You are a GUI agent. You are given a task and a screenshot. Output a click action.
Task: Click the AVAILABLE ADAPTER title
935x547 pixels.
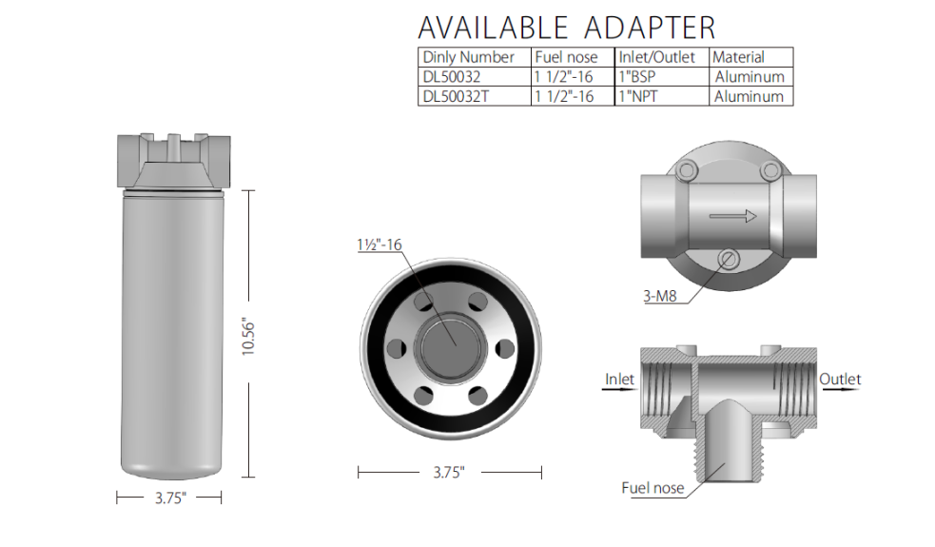click(x=567, y=28)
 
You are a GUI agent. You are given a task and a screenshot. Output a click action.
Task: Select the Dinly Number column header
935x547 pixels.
click(x=468, y=57)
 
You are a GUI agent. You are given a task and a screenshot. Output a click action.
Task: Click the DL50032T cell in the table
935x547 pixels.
click(x=456, y=96)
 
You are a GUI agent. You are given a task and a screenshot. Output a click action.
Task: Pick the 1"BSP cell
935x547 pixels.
click(x=637, y=76)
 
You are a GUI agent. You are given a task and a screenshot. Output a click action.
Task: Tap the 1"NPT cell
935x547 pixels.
click(x=638, y=96)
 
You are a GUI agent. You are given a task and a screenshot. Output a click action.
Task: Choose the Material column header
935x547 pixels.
click(x=738, y=57)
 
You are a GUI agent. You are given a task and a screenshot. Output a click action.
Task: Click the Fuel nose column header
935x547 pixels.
click(x=566, y=57)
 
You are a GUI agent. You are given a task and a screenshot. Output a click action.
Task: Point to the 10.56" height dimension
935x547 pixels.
click(x=248, y=338)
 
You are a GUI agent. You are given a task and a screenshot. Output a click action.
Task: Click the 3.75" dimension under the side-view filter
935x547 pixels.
click(x=170, y=498)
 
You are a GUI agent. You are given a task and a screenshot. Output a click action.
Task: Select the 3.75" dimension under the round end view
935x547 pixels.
click(x=448, y=473)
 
